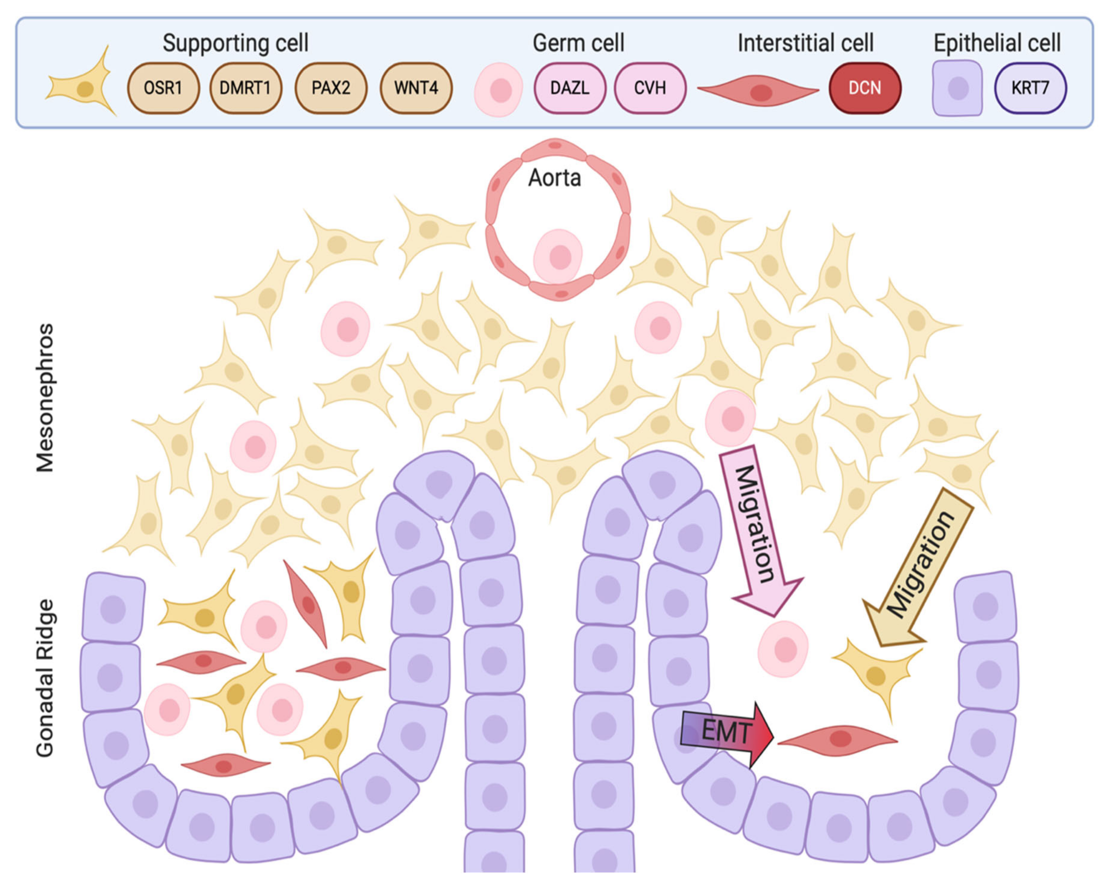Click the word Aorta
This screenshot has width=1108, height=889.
[554, 178]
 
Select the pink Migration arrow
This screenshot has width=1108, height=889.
[758, 529]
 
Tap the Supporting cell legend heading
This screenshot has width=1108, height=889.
[235, 43]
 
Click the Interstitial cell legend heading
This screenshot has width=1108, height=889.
[805, 43]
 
